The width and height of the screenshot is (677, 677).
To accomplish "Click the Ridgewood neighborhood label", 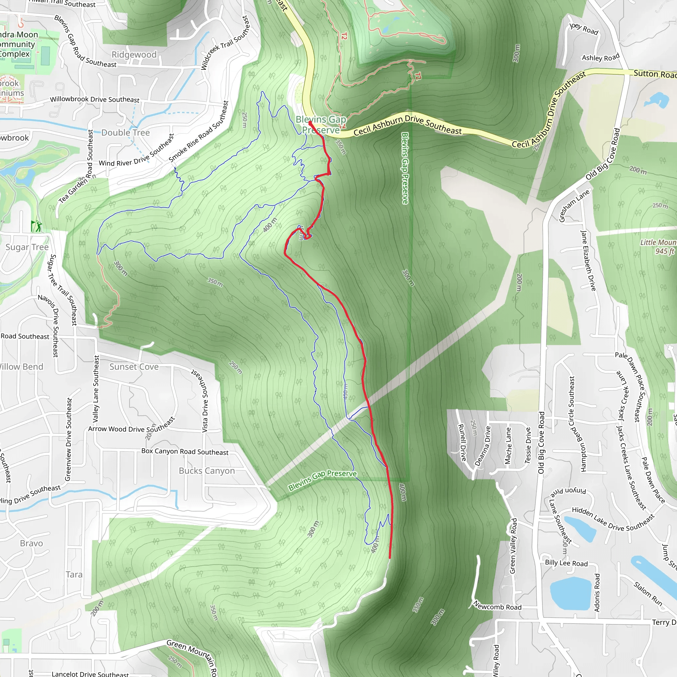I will pyautogui.click(x=134, y=55).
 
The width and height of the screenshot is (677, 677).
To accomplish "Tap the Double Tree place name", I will pyautogui.click(x=125, y=133).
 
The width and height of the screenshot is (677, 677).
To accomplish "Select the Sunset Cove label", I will pyautogui.click(x=134, y=367).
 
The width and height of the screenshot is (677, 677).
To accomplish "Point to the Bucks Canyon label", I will pyautogui.click(x=207, y=471).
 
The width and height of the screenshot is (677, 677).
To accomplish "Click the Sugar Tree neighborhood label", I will pyautogui.click(x=27, y=247).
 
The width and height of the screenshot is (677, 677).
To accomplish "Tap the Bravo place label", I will pyautogui.click(x=31, y=543).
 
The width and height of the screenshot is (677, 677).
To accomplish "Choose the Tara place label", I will pyautogui.click(x=74, y=574).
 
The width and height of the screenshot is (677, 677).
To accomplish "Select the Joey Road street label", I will pyautogui.click(x=584, y=29).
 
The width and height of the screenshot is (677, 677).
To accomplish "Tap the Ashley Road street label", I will pyautogui.click(x=601, y=57).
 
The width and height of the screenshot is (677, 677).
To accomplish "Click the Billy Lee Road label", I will pyautogui.click(x=566, y=563).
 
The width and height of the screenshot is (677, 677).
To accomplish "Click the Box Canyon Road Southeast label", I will pyautogui.click(x=185, y=452).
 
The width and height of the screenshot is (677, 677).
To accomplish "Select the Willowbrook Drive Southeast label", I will pyautogui.click(x=95, y=100).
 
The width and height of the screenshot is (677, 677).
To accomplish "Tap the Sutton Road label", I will pyautogui.click(x=655, y=74).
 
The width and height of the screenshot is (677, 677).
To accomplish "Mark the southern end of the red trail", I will pyautogui.click(x=390, y=558).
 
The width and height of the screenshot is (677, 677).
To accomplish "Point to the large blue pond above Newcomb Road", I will pyautogui.click(x=571, y=593).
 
